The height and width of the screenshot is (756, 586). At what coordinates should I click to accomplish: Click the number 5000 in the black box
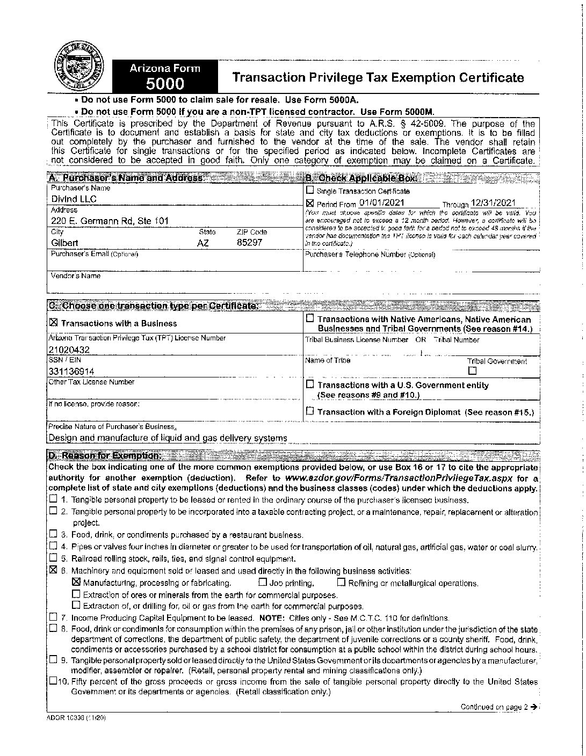coord(165,84)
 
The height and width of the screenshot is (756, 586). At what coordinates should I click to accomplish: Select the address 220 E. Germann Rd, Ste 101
coord(110,221)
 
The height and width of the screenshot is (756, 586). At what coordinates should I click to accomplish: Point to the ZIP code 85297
coord(250,243)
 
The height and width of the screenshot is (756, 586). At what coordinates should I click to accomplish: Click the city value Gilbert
coord(64,243)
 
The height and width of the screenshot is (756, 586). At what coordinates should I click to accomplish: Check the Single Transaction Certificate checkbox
coord(310,190)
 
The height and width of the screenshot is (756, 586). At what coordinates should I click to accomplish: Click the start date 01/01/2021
coord(381,203)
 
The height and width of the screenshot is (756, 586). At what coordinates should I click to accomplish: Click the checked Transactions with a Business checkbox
coord(53,323)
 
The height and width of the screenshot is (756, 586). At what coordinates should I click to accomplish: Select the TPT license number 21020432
coord(69,350)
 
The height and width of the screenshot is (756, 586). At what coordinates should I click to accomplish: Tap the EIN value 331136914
coord(71,372)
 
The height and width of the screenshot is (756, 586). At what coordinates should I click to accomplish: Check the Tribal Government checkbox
coord(472,370)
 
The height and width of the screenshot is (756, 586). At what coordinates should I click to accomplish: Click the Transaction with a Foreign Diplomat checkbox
coord(310,412)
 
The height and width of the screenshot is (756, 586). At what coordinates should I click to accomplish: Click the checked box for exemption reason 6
coord(53,570)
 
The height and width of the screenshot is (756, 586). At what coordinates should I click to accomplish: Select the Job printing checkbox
coord(263,582)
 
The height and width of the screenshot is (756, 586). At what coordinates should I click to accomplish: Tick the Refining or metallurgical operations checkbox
coord(341,582)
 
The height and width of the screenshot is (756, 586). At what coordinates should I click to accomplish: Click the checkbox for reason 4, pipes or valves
coord(53,547)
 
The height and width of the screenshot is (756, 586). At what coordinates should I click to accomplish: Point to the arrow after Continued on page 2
coord(533,707)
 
